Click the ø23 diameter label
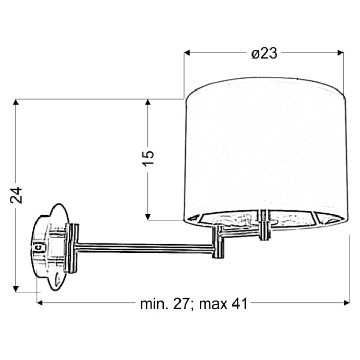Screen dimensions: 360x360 [264, 54]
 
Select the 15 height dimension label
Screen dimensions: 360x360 [148, 158]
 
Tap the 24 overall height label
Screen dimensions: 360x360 [16, 195]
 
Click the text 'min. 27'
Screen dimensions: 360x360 [165, 304]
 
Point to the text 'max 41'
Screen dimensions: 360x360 [223, 304]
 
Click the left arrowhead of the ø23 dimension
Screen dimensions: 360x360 [187, 53]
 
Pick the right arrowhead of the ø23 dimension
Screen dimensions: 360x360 [340, 53]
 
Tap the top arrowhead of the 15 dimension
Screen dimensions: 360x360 [148, 102]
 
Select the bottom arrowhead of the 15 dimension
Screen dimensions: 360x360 [148, 217]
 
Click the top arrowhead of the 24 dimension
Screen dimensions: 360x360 [16, 102]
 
